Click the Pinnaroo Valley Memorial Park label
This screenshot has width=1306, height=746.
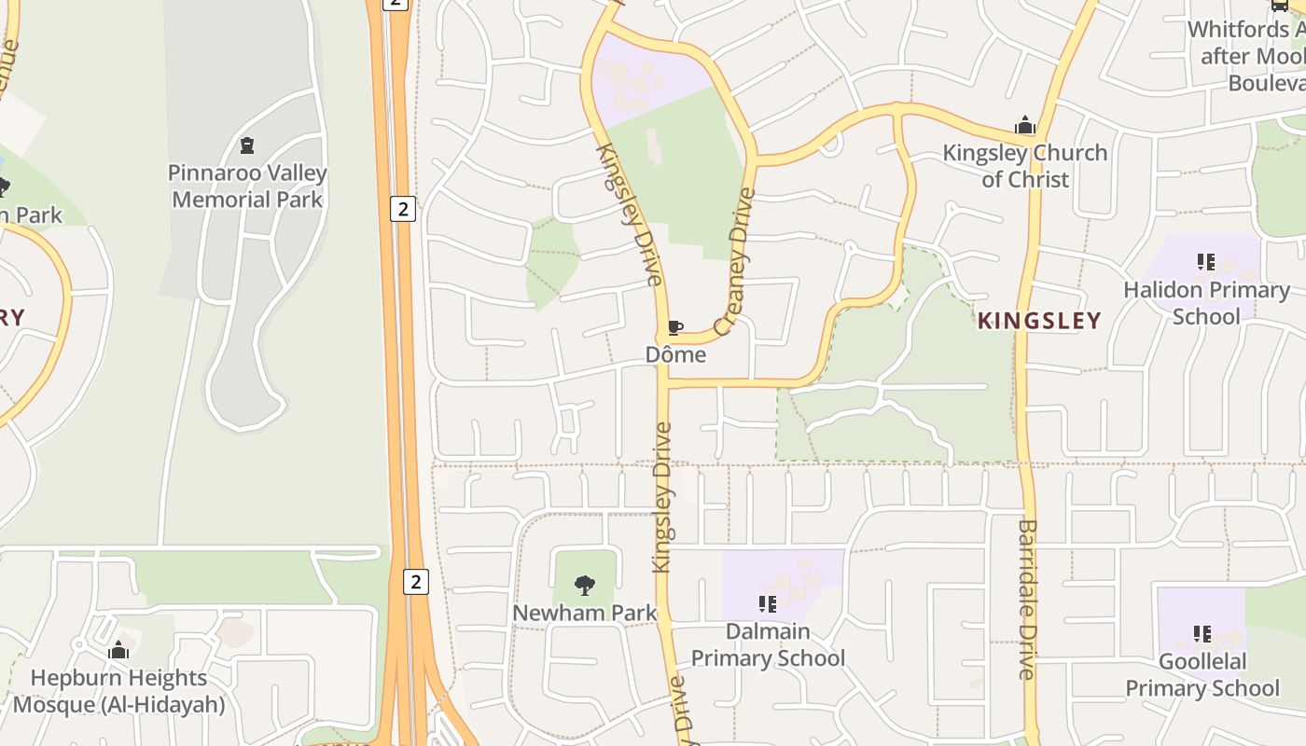point(247,186)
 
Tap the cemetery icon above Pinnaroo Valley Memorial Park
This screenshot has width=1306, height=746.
point(247,145)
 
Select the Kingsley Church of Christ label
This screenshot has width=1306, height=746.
point(1024,165)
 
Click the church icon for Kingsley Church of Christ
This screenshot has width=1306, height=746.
point(1025,126)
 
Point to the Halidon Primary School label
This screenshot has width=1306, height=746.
point(1206,303)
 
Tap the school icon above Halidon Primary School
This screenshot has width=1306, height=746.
point(1205,262)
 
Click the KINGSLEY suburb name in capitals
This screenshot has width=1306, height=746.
point(1039,321)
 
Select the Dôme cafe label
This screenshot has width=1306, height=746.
point(675,355)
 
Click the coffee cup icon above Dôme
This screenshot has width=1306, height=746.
point(675,327)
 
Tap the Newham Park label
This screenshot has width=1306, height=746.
point(585,613)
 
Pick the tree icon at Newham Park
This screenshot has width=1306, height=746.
point(585,586)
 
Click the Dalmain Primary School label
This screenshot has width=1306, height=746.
point(768,644)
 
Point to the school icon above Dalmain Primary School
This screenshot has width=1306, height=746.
point(768,604)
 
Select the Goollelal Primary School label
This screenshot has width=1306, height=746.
point(1202,674)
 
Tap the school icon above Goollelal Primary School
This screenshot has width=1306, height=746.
point(1202,634)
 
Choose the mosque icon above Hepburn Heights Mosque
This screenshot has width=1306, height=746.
point(118,650)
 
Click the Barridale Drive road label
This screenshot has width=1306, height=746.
point(1027,599)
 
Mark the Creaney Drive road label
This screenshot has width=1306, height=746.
point(734,261)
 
